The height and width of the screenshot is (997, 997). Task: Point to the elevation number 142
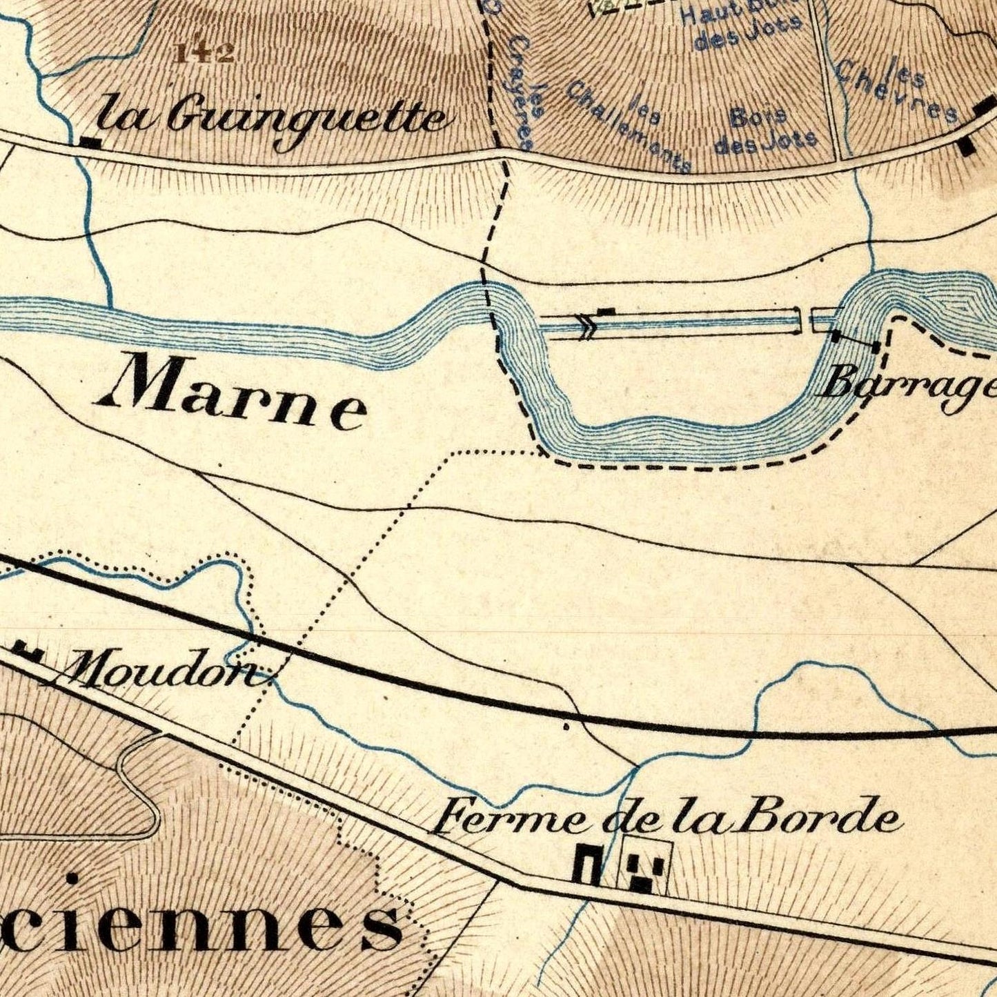click(204, 53)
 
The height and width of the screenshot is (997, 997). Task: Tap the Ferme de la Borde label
click(666, 818)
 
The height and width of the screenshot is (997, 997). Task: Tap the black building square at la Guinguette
click(90, 143)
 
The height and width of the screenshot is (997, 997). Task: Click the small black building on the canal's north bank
click(606, 312)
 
